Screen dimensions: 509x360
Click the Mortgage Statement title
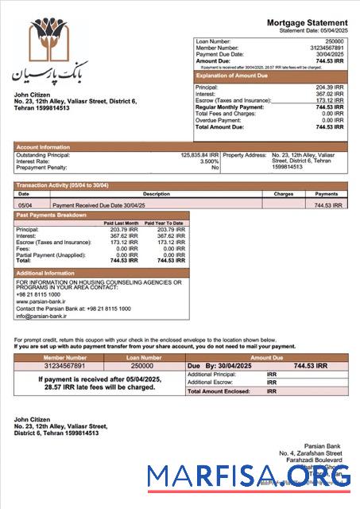(307, 22)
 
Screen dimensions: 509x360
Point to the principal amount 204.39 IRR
(330, 87)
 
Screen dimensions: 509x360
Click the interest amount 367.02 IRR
(330, 94)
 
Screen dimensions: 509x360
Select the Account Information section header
(43, 146)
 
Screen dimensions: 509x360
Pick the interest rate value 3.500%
(206, 161)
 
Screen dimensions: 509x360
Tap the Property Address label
(245, 155)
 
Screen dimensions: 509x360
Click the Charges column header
(283, 193)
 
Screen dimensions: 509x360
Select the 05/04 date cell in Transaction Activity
(24, 204)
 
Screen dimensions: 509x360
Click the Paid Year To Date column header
(165, 223)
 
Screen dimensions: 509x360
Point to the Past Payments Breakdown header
(52, 216)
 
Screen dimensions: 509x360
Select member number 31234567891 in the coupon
(64, 366)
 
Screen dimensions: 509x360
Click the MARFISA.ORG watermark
(249, 475)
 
